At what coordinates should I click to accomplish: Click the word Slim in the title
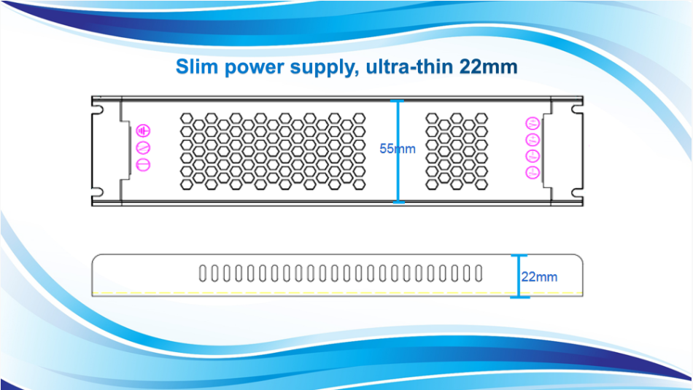pos(196,67)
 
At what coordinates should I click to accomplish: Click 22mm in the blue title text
pos(489,67)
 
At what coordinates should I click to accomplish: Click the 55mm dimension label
pos(398,149)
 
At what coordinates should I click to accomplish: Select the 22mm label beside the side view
pos(539,277)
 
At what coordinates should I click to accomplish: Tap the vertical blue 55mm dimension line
pos(398,175)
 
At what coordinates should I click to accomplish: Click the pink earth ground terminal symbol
pos(144,131)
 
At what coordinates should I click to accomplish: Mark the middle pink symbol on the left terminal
pos(144,148)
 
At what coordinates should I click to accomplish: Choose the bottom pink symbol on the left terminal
pos(144,164)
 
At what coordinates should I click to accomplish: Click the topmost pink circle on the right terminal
pos(533,123)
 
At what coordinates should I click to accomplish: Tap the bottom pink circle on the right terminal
pos(533,172)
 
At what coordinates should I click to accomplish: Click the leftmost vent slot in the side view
pos(202,273)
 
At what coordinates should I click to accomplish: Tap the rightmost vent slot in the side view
pos(479,273)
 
